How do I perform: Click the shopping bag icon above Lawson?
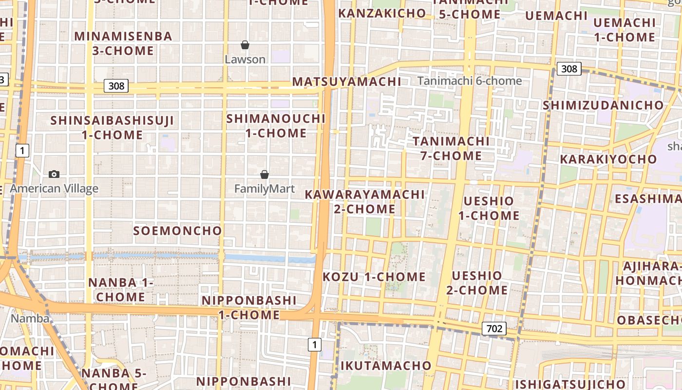point(245,45)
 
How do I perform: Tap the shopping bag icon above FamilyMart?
point(265,175)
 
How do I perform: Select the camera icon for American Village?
point(54,175)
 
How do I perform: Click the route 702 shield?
point(494,329)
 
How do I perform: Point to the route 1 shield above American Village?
point(22,151)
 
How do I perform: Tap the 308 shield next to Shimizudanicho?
point(569,69)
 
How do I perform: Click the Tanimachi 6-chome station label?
point(470,81)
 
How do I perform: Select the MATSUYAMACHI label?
point(346,81)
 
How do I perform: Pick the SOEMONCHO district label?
point(177,231)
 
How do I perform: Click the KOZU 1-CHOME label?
point(374,277)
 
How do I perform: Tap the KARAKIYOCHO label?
point(608,159)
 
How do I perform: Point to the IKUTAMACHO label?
point(386,366)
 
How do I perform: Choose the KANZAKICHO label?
point(382,13)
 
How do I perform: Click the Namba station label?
point(30,318)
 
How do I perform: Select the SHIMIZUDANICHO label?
point(603,105)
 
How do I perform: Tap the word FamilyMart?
point(265,188)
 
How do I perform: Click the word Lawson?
point(245,59)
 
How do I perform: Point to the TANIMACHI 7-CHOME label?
point(451,148)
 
